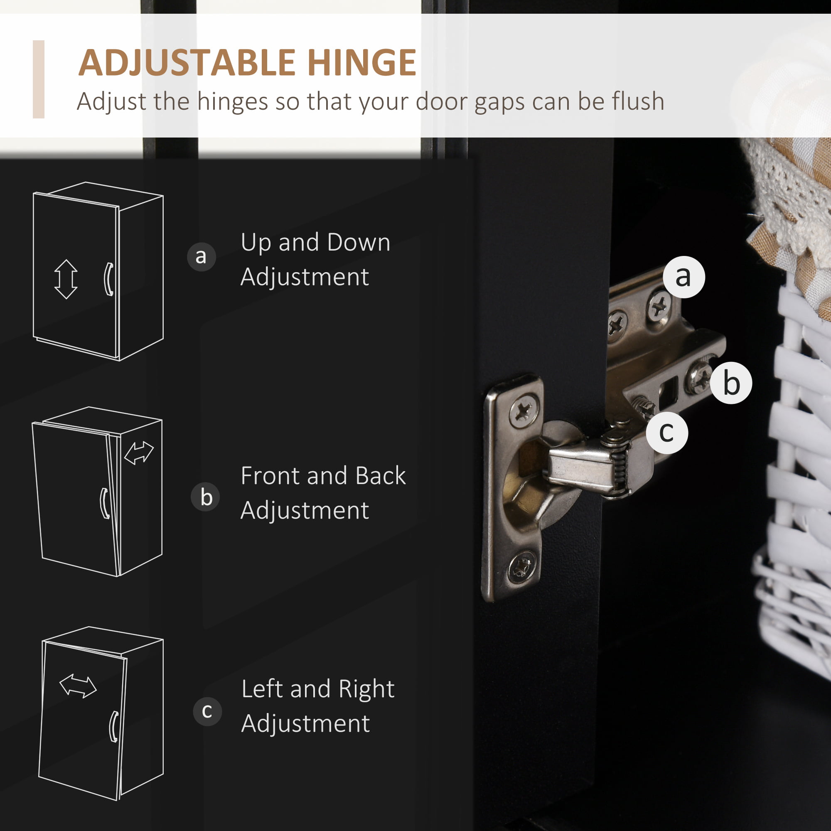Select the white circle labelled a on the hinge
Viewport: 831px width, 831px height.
coord(684,277)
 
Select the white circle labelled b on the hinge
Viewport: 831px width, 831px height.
coord(731,383)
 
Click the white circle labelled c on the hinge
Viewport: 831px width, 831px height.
coord(667,432)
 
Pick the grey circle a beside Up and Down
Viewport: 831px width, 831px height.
coord(201,257)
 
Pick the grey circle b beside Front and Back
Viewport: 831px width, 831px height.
coord(206,497)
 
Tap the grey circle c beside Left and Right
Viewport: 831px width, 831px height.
coord(207,711)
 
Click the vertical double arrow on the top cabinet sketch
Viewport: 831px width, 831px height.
coord(66,279)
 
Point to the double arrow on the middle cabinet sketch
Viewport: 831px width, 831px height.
coord(138,453)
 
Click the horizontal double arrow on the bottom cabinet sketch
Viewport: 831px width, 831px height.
coord(78,686)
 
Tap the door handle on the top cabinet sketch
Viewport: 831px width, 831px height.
coord(109,279)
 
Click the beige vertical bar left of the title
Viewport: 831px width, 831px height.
coord(39,79)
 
